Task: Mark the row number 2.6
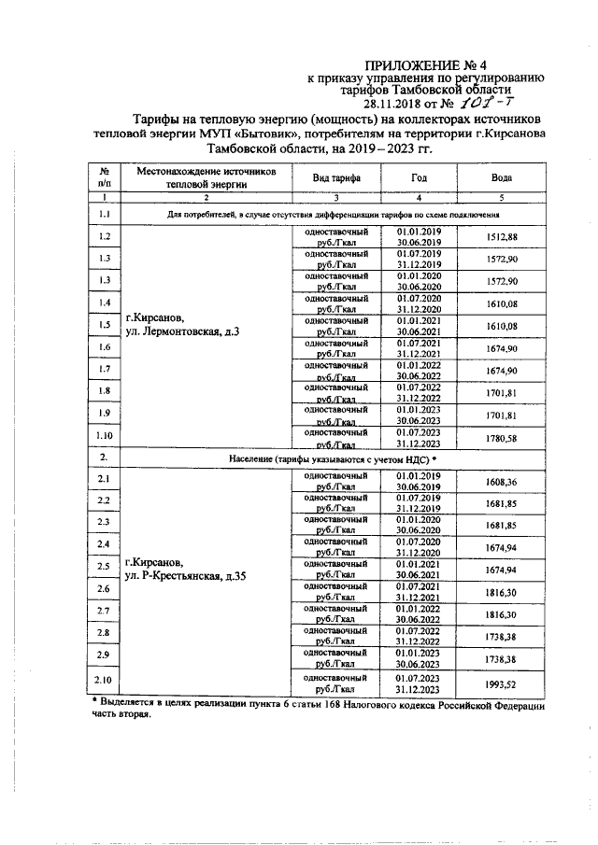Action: [106, 590]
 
